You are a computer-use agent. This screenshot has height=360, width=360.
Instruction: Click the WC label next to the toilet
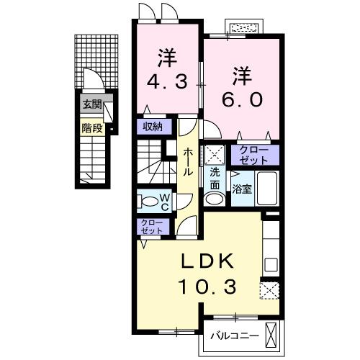164,202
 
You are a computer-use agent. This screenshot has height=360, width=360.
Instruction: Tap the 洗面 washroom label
215,179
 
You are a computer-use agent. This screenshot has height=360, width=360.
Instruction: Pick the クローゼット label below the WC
151,228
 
